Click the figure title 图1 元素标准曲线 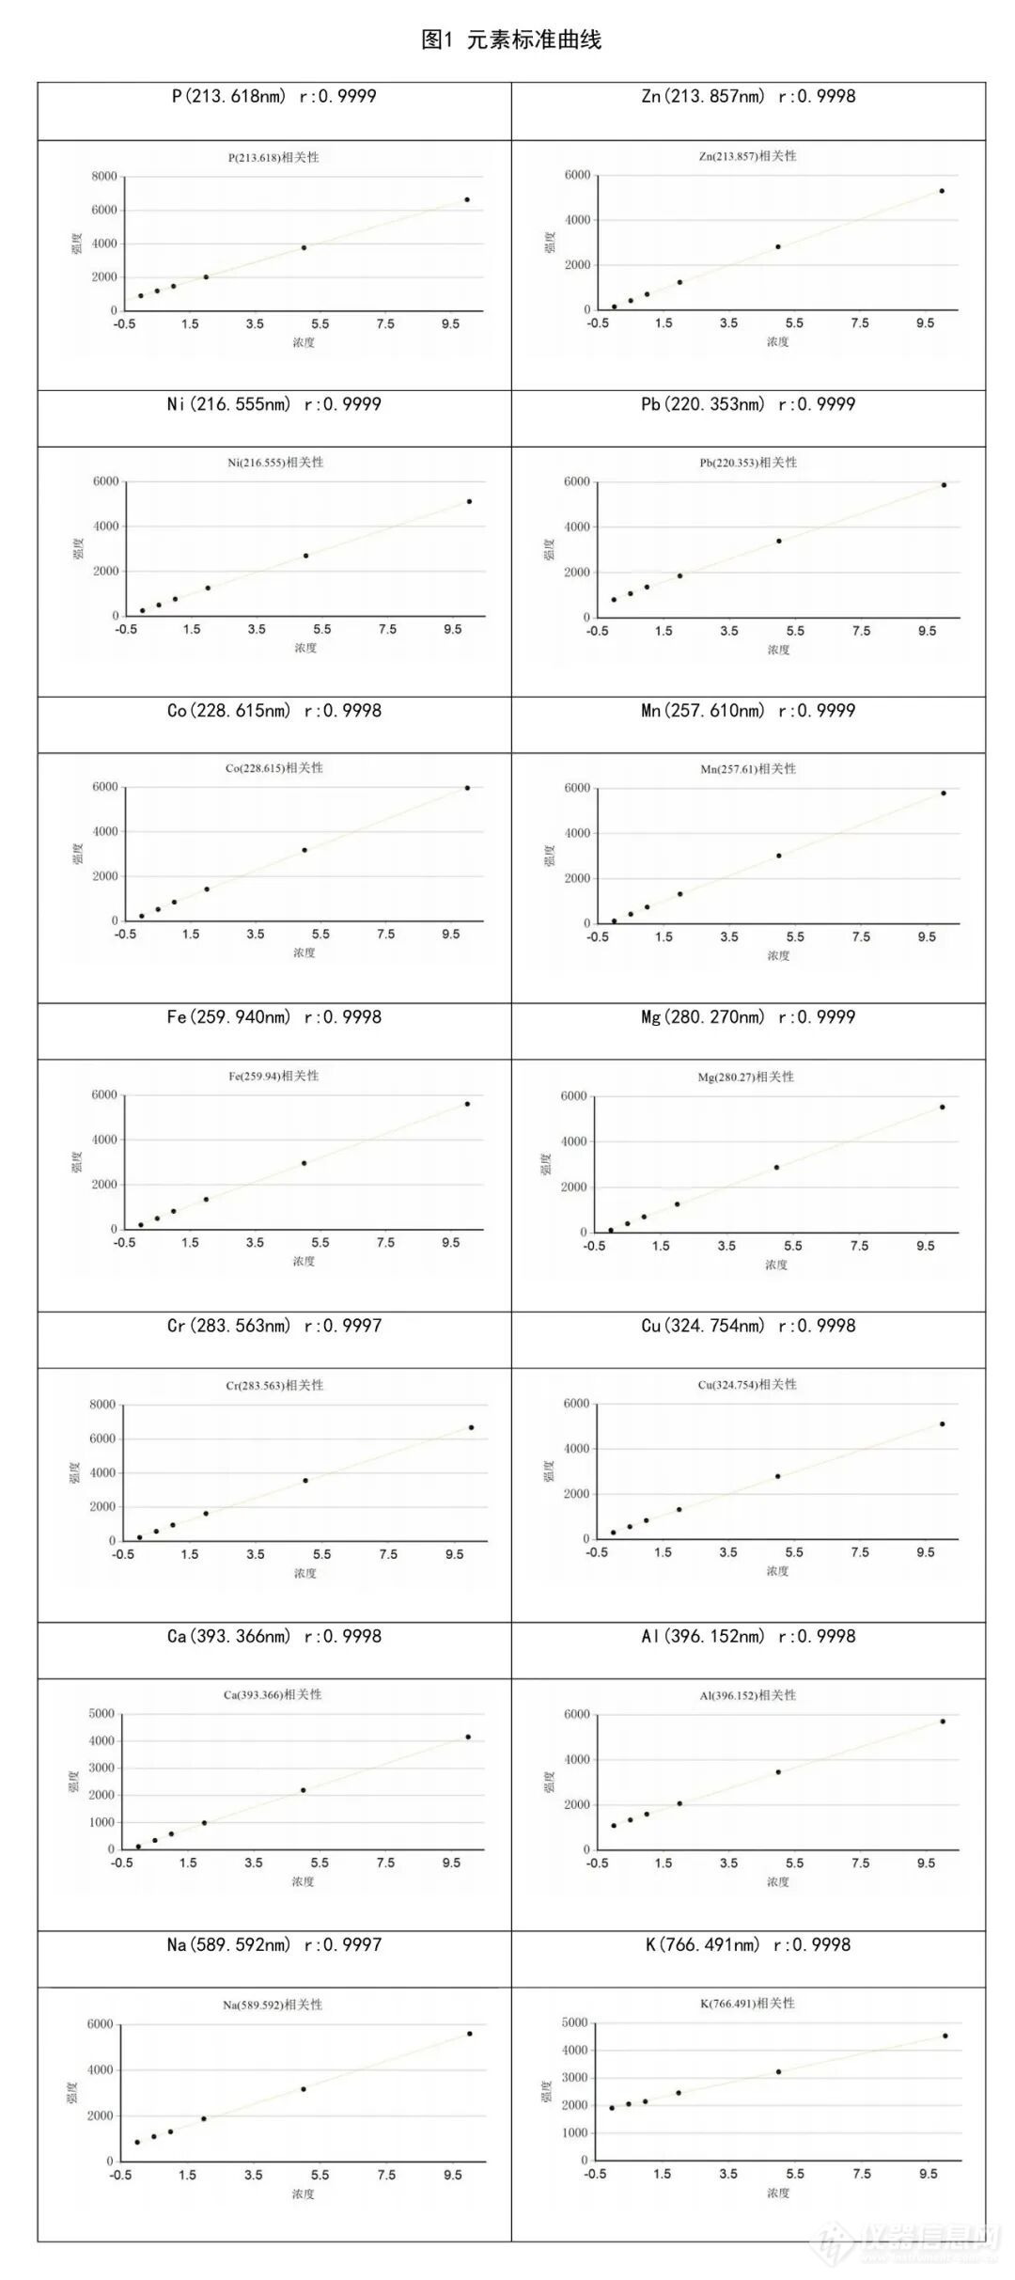pyautogui.click(x=510, y=39)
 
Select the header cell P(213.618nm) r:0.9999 pyautogui.click(x=273, y=96)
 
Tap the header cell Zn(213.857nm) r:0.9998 pyautogui.click(x=748, y=96)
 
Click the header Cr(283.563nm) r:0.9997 pyautogui.click(x=273, y=1326)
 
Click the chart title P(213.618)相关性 pyautogui.click(x=273, y=157)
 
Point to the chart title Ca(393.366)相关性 pyautogui.click(x=273, y=1694)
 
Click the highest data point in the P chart pyautogui.click(x=467, y=199)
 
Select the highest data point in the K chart pyautogui.click(x=945, y=2036)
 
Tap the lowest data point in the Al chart pyautogui.click(x=614, y=1826)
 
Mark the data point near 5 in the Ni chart pyautogui.click(x=306, y=556)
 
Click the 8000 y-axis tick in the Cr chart pyautogui.click(x=101, y=1405)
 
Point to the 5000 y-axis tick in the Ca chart pyautogui.click(x=101, y=1713)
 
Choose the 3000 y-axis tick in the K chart pyautogui.click(x=575, y=2078)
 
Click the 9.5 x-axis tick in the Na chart pyautogui.click(x=454, y=2175)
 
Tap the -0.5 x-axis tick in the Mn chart pyautogui.click(x=598, y=937)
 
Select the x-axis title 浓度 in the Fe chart pyautogui.click(x=304, y=1261)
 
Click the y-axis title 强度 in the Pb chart pyautogui.click(x=549, y=550)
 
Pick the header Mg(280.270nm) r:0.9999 pyautogui.click(x=748, y=1017)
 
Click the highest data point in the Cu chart pyautogui.click(x=943, y=1424)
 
